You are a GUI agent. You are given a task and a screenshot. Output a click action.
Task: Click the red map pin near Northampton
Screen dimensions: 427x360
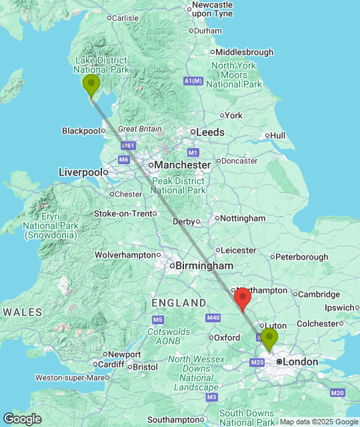point(243,298)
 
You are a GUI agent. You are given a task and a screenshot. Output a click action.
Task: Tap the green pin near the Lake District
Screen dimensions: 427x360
point(91,85)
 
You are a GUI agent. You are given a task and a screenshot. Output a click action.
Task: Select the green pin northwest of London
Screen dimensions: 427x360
point(269,338)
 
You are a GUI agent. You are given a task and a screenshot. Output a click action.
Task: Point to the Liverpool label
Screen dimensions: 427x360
point(81,171)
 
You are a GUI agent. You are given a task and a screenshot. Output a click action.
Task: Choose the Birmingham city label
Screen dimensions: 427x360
point(204,266)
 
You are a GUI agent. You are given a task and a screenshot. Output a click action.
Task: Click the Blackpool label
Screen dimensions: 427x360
point(81,131)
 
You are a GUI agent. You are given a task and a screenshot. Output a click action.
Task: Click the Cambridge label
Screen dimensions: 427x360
point(319,294)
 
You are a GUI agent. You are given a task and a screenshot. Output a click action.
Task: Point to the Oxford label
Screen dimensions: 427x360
point(228,338)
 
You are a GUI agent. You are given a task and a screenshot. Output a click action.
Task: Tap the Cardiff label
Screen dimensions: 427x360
point(110,364)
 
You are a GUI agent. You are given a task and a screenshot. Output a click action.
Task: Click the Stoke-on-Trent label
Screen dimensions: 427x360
point(123,213)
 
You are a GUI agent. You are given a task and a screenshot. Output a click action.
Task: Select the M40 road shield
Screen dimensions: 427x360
point(213,318)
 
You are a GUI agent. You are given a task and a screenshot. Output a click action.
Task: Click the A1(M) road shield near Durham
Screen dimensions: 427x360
point(193,81)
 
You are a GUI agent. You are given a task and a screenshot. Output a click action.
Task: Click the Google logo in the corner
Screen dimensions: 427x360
point(22,419)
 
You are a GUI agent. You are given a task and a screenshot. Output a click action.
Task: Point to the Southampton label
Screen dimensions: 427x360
point(172,420)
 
